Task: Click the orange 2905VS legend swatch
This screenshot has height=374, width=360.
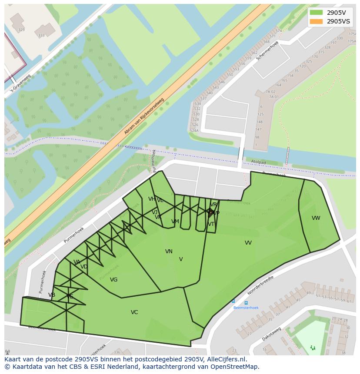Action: pos(317,21)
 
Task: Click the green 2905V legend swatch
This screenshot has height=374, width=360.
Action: pos(317,12)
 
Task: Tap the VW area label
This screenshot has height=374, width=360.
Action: pos(316,218)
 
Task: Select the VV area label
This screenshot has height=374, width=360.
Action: pos(248,243)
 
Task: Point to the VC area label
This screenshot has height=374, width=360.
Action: pos(134,312)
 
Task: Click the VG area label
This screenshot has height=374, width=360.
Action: pos(113,280)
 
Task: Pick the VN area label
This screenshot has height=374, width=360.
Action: pos(169,252)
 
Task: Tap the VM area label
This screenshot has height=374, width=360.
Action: pos(175,222)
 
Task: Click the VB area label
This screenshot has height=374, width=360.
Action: pos(52,295)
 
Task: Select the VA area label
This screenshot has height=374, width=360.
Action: pos(77,262)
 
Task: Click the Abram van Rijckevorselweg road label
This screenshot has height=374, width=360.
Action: pos(144,116)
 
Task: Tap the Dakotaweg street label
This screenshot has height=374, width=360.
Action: pos(271,334)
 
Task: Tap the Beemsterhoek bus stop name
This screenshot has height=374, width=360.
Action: pos(246,308)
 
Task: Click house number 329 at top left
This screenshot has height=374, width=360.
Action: pos(21,30)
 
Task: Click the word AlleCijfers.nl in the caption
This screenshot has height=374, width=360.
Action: pos(227,359)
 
